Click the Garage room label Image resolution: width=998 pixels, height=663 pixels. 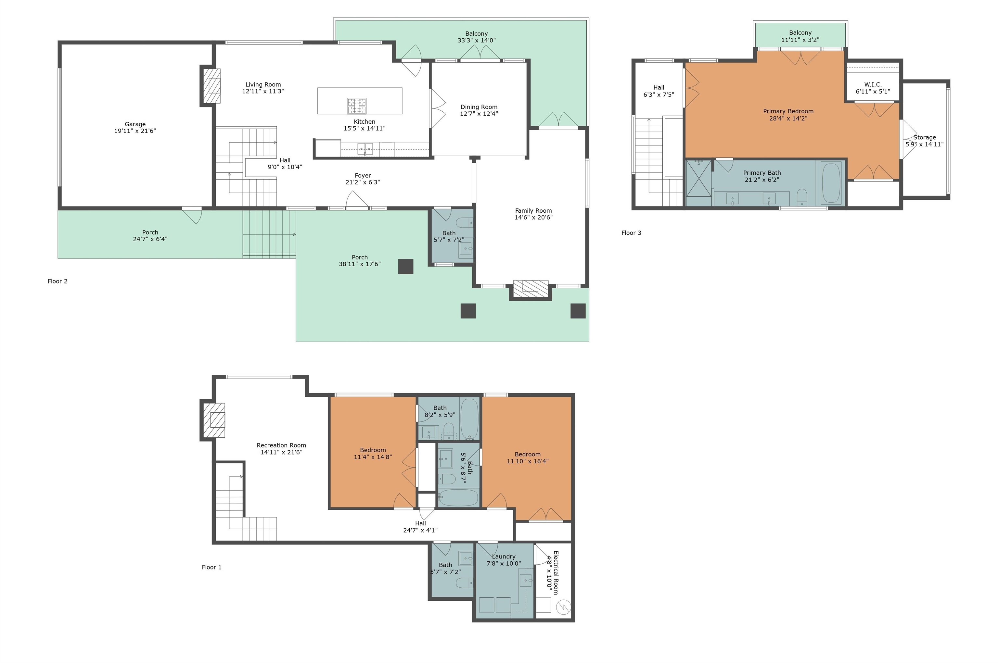point(135,124)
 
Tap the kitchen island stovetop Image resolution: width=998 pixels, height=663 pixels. point(357,106)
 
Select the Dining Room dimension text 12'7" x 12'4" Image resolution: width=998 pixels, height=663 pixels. point(479,113)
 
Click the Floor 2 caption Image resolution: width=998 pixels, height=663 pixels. point(58,281)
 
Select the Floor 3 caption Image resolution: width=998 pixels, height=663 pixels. point(631,232)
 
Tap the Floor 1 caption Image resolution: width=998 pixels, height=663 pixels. point(211,567)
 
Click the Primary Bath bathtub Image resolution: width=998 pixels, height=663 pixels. point(831,183)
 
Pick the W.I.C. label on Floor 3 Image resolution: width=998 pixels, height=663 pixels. point(873,84)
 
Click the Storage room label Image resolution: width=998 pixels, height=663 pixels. point(924,137)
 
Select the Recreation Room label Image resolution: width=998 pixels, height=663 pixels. point(281,445)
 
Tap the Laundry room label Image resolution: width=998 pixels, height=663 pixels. point(504,557)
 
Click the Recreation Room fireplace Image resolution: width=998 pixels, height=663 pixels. point(214,420)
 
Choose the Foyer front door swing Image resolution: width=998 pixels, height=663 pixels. point(357,200)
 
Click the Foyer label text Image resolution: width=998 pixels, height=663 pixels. point(363,175)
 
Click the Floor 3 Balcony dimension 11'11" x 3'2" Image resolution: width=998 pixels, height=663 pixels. point(800,40)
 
